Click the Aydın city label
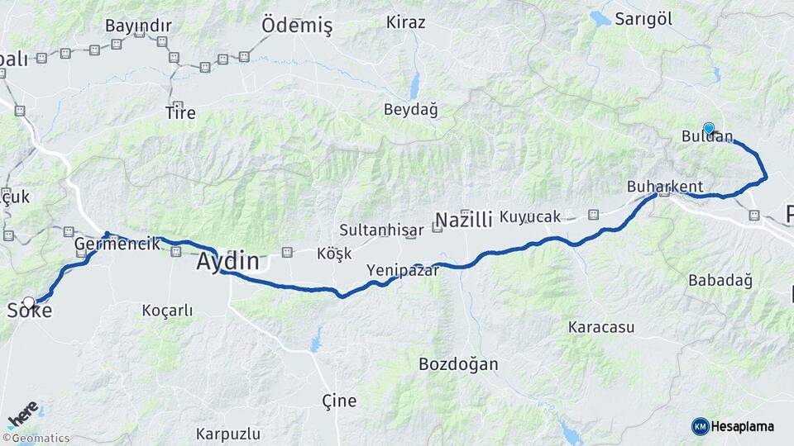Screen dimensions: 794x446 click(x=227, y=262)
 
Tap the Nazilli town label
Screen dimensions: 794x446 click(x=463, y=220)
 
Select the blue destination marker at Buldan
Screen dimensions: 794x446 click(x=709, y=128)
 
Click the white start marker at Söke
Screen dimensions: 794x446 click(x=29, y=303)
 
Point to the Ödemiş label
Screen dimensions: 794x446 click(x=297, y=26)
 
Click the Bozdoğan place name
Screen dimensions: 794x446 click(x=458, y=363)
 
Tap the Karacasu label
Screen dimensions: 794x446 click(x=601, y=327)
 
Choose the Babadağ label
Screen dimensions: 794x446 click(x=720, y=281)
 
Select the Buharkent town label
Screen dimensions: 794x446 click(x=665, y=186)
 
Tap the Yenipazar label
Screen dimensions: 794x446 click(x=403, y=270)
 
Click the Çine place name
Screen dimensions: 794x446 click(x=339, y=401)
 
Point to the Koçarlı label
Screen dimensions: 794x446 click(x=167, y=311)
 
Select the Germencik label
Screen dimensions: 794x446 click(x=117, y=244)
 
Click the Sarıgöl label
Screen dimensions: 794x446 click(x=643, y=20)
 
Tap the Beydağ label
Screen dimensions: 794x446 click(x=410, y=109)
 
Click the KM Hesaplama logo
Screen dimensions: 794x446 click(x=733, y=426)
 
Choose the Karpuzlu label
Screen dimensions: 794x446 click(x=228, y=434)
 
